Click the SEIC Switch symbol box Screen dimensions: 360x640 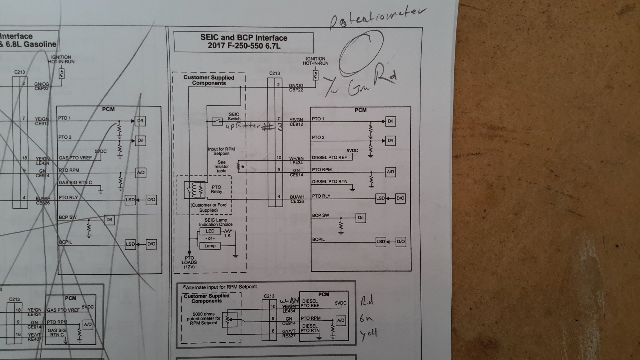[x=217, y=121]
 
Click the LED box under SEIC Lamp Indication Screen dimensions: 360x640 [x=210, y=231]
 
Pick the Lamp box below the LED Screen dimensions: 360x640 [x=210, y=246]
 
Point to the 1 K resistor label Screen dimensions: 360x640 [x=227, y=236]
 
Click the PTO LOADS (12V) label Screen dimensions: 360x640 [x=189, y=262]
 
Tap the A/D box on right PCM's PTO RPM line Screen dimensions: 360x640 [x=390, y=172]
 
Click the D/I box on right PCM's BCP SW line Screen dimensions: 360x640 [x=361, y=218]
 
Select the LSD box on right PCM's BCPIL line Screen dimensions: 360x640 [x=381, y=241]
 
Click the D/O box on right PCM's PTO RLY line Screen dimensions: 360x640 [x=400, y=198]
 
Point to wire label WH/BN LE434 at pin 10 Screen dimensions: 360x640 [x=296, y=160]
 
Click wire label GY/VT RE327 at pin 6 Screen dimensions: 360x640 [x=289, y=333]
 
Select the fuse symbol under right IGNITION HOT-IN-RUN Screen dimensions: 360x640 [x=316, y=76]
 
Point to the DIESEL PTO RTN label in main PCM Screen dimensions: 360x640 [x=330, y=182]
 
